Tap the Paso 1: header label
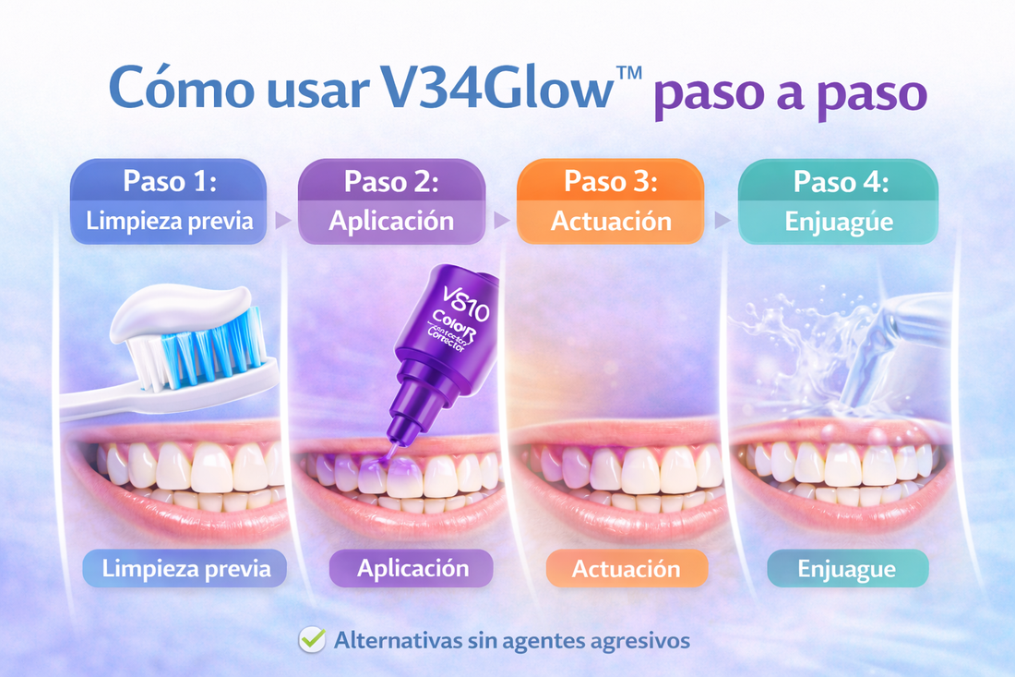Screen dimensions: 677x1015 coord(169,180)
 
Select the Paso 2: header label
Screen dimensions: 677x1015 coord(391,180)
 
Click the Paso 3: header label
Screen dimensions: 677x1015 coord(610,180)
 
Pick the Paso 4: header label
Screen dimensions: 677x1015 coord(839,180)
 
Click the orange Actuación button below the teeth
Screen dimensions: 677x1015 coord(627,569)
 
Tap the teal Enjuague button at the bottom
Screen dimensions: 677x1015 coord(847,569)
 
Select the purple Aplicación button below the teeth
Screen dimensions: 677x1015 coord(412,568)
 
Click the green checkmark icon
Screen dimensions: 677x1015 coord(313,639)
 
